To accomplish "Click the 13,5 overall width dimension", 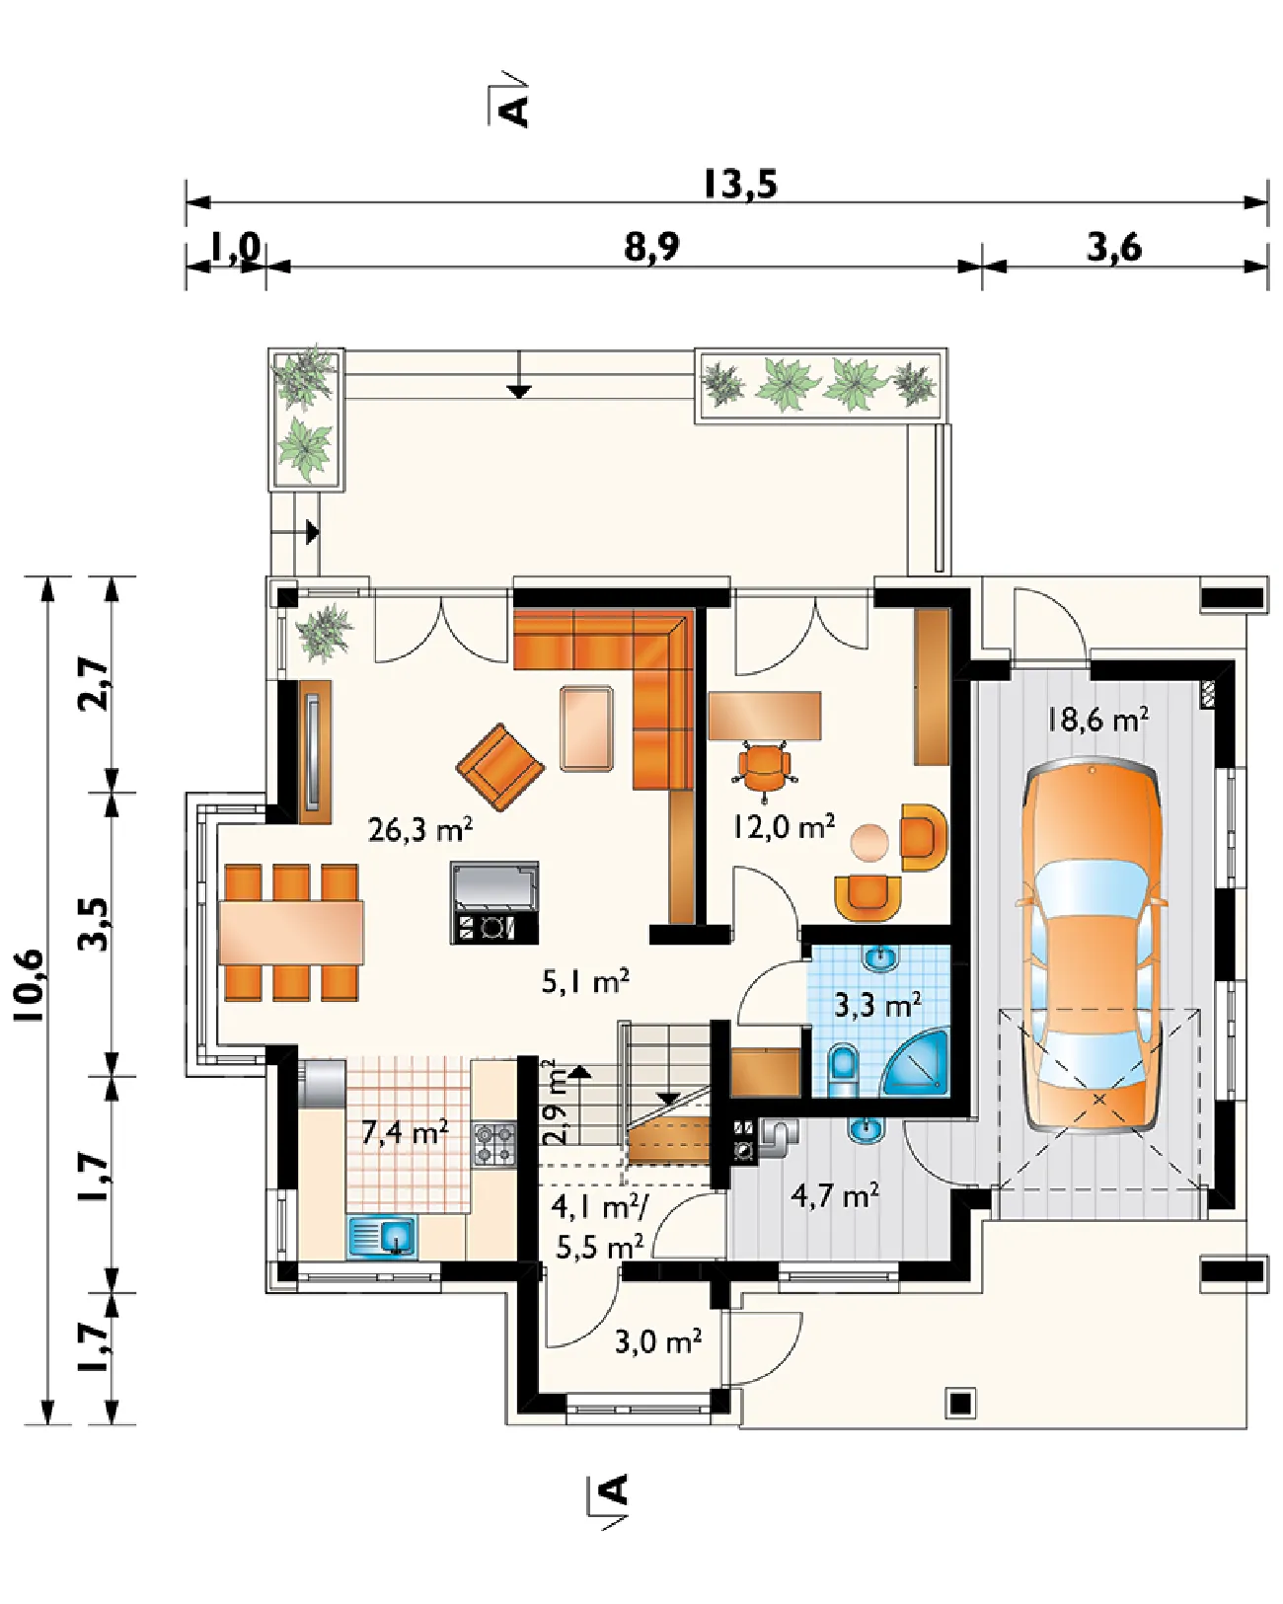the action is click(x=739, y=185).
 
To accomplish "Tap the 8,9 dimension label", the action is click(x=651, y=248).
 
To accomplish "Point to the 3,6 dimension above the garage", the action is click(x=1114, y=248).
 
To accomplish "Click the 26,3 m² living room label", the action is click(x=420, y=829).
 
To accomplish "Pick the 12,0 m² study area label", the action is click(x=783, y=826).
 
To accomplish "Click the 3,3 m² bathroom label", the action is click(x=877, y=1005).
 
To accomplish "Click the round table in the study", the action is click(x=870, y=843).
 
